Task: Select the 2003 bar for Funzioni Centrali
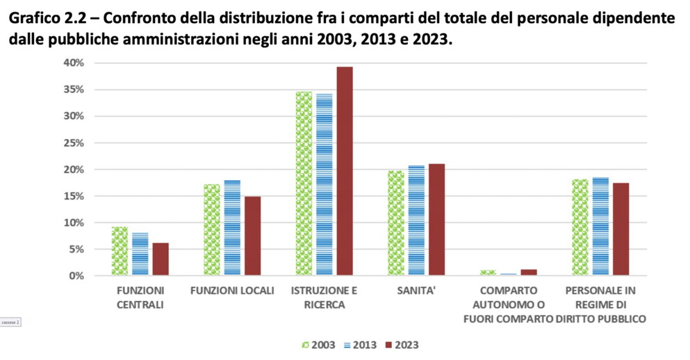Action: [x=120, y=251]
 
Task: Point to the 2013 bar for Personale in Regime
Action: [x=600, y=227]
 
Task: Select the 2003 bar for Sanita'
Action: [x=396, y=223]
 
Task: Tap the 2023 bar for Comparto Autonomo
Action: [x=529, y=272]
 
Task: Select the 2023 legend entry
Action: [x=402, y=344]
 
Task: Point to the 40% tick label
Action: [x=74, y=63]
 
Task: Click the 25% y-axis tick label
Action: [x=74, y=143]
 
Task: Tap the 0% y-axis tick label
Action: [x=77, y=276]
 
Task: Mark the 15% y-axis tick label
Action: [x=74, y=196]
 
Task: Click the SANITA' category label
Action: [x=416, y=291]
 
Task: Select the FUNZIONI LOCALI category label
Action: [x=232, y=291]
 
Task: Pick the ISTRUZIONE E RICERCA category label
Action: [x=325, y=297]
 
